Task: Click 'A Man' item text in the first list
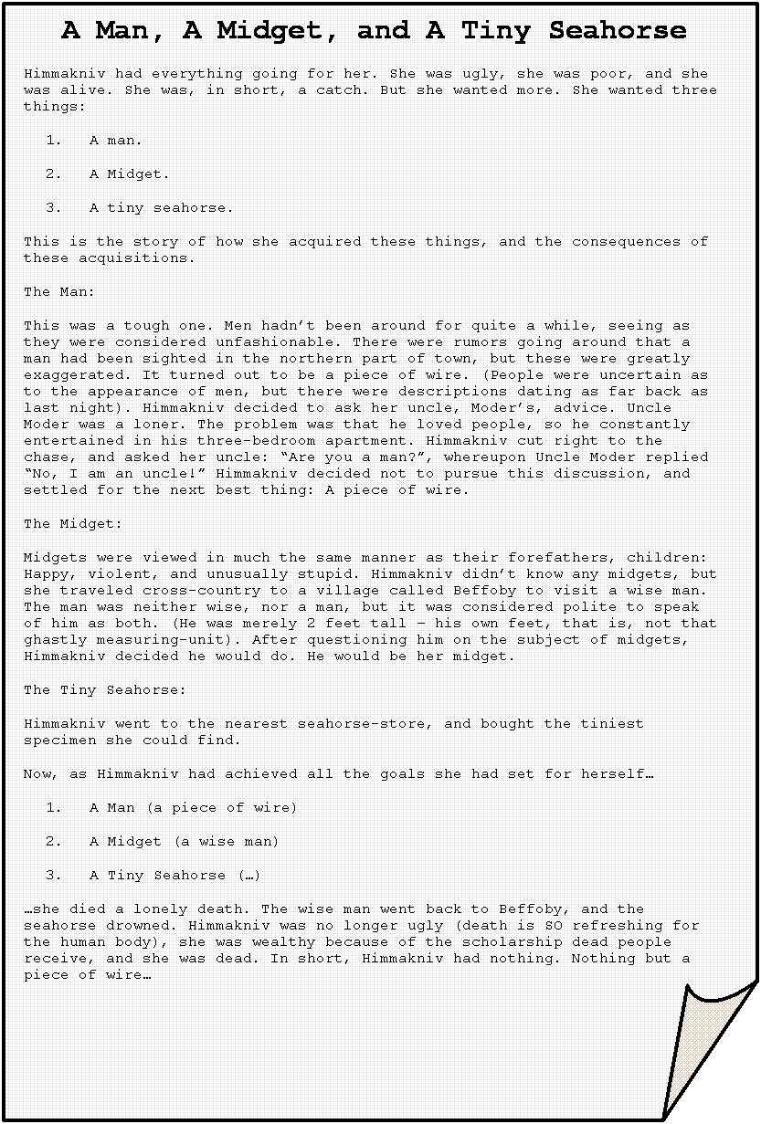[x=114, y=141]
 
